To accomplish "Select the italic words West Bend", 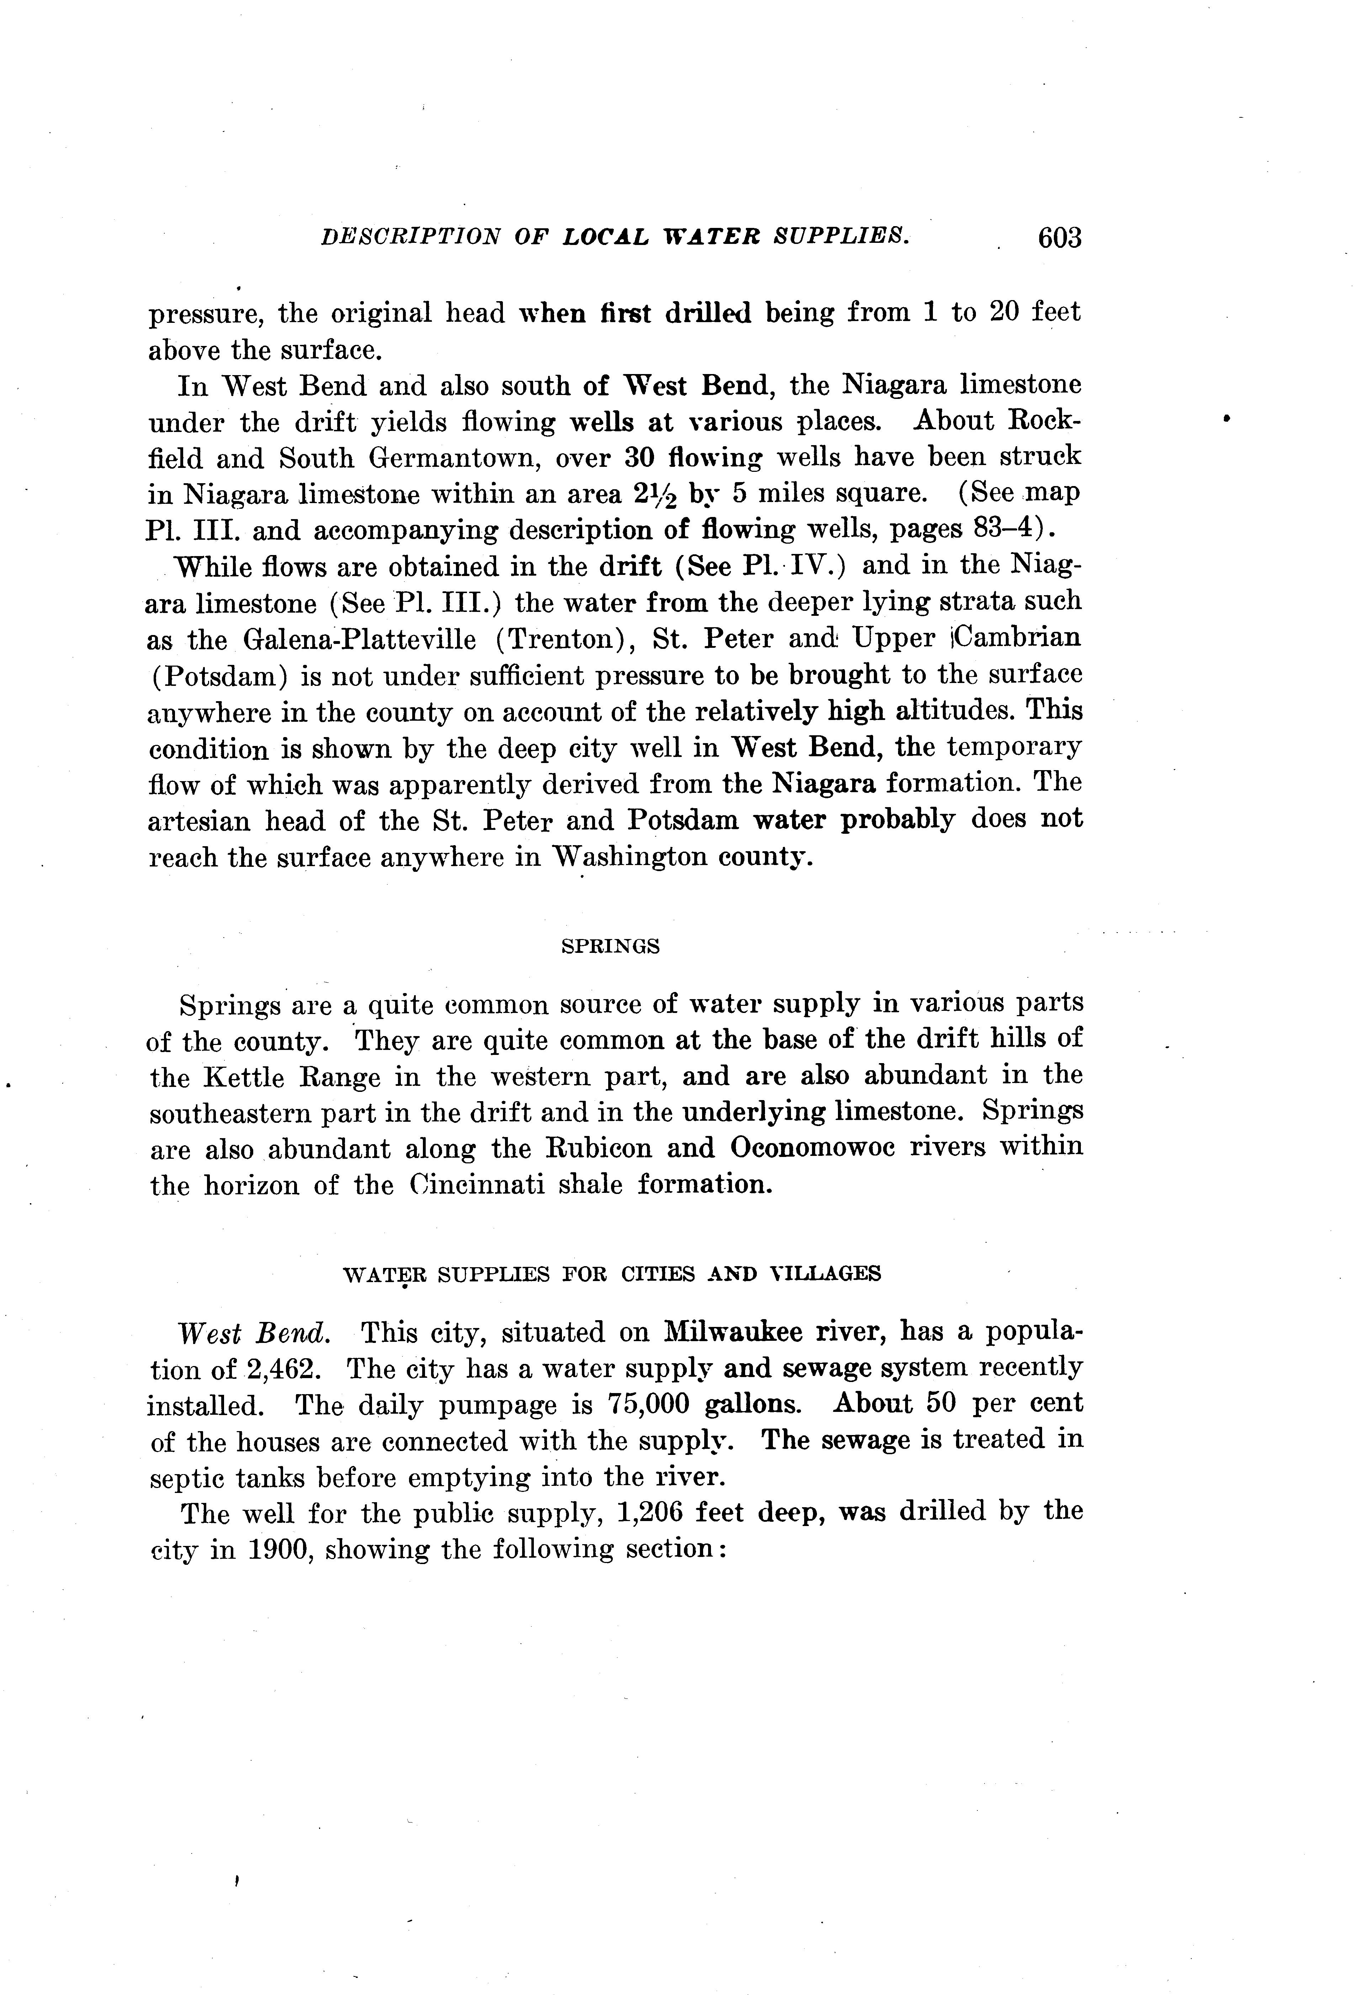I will point(253,1333).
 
